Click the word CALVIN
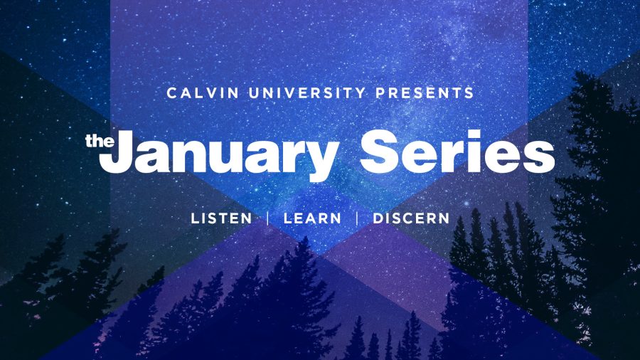click(x=203, y=93)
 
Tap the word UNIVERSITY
click(x=307, y=93)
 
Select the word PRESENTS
click(x=425, y=93)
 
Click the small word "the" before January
click(x=100, y=141)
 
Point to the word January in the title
click(x=218, y=155)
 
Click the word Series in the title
click(x=457, y=151)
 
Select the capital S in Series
click(x=379, y=151)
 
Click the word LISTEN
click(x=222, y=218)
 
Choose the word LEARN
click(x=312, y=218)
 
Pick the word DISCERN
click(x=411, y=218)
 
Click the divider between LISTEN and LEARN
click(x=268, y=218)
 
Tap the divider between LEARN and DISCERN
click(x=357, y=218)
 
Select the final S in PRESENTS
click(x=469, y=93)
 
